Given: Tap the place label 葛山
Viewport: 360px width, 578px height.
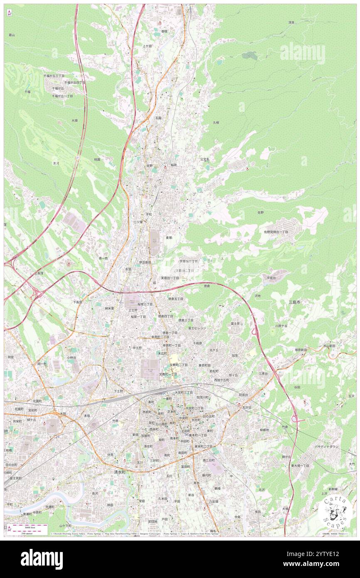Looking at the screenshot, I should (12, 35).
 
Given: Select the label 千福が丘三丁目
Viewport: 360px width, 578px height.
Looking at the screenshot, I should (54, 76).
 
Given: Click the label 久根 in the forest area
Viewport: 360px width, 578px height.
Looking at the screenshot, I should (216, 123).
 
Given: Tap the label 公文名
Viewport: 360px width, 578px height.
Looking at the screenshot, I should (205, 159).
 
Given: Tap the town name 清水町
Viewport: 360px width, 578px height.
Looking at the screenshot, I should (122, 472).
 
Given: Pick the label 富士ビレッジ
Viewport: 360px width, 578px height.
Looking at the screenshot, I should (197, 328).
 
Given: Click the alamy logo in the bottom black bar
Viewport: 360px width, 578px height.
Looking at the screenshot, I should (42, 559).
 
